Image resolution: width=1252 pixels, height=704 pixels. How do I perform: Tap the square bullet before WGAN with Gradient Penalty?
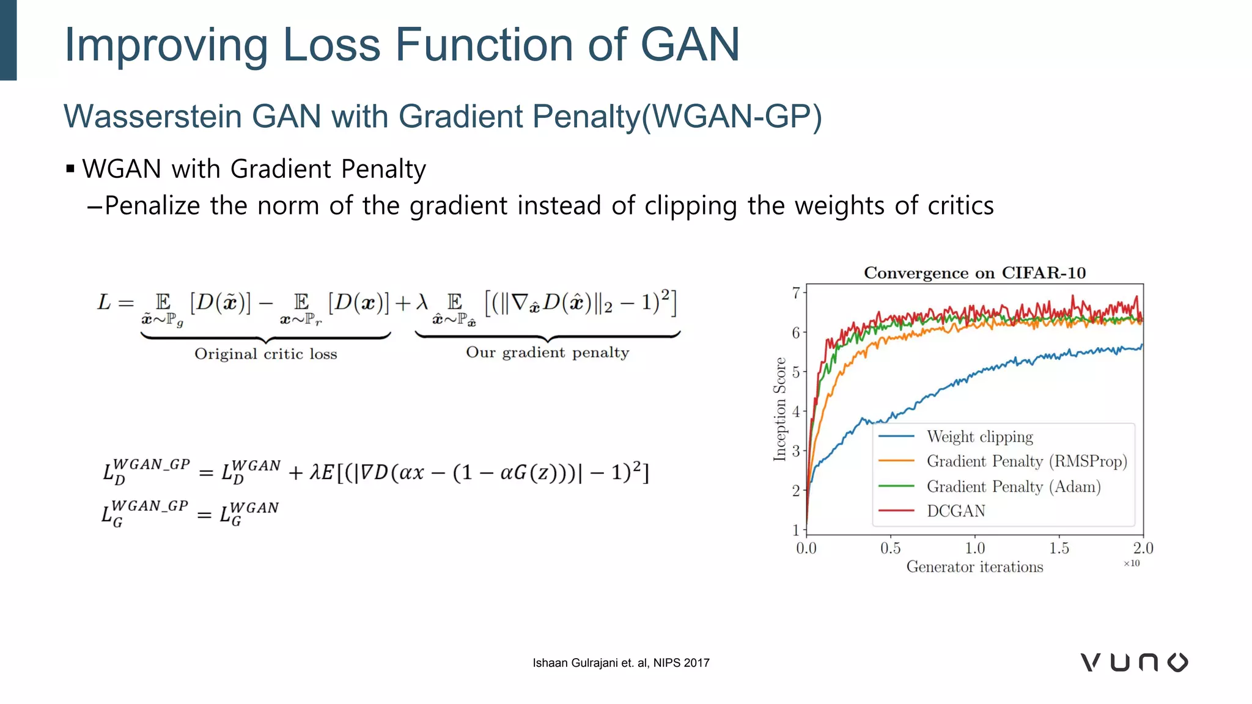click(70, 169)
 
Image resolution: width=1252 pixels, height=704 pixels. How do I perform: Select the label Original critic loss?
click(265, 354)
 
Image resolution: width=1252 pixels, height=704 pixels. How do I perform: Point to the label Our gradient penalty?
click(547, 353)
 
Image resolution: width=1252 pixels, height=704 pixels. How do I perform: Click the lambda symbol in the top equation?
click(422, 302)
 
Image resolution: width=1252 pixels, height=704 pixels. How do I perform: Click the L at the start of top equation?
click(104, 302)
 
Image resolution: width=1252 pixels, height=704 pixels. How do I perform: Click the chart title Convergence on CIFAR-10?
click(974, 273)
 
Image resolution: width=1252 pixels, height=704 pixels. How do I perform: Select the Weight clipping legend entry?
click(979, 436)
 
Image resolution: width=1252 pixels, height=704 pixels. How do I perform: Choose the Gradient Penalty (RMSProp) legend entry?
click(1026, 461)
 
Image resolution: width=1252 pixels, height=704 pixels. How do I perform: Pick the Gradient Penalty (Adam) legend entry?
click(1013, 486)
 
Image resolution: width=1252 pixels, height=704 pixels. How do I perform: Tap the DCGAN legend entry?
click(956, 511)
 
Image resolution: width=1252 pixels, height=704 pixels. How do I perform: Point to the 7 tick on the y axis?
click(796, 293)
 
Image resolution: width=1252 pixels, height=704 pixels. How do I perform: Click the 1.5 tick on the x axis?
click(1059, 548)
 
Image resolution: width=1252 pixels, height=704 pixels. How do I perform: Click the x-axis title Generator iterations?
click(974, 567)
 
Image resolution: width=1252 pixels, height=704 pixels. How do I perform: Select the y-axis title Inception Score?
click(779, 409)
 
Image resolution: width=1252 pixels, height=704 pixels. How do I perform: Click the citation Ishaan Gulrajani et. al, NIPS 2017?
click(620, 663)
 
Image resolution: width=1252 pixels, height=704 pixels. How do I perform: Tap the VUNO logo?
click(1134, 662)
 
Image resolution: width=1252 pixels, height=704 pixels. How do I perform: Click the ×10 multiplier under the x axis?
click(1132, 563)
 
